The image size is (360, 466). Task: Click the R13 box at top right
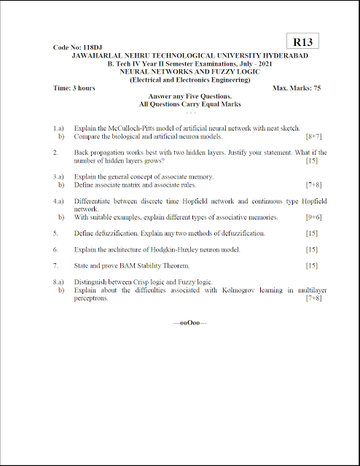coord(302,42)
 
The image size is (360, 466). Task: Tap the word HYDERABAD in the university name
coord(282,56)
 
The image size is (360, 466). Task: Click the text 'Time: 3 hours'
coord(74,88)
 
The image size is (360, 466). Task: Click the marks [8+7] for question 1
coord(315,136)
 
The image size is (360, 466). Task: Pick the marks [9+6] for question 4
coord(315,217)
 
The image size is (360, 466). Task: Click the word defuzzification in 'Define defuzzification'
coord(114,233)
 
